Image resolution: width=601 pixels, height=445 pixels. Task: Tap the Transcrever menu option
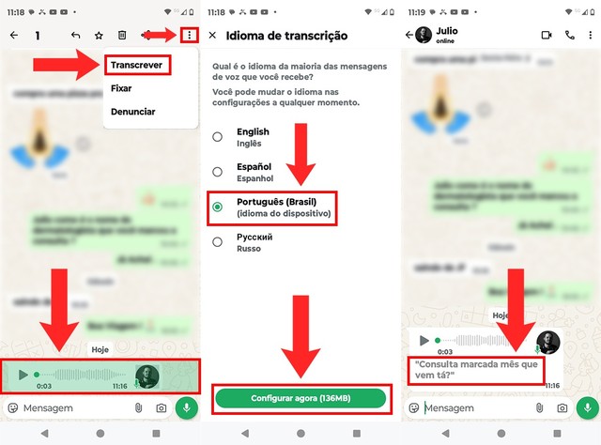pyautogui.click(x=137, y=65)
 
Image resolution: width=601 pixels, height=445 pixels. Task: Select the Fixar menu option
pyautogui.click(x=121, y=89)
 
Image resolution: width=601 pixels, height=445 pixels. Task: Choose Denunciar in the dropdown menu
pyautogui.click(x=132, y=112)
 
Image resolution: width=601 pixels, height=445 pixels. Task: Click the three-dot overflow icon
pyautogui.click(x=191, y=36)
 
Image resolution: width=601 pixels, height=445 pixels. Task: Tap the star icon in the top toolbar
pyautogui.click(x=99, y=36)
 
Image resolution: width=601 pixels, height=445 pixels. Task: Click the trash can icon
pyautogui.click(x=122, y=36)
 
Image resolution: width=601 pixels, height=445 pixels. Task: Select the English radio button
pyautogui.click(x=218, y=137)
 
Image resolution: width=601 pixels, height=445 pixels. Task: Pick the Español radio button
pyautogui.click(x=218, y=172)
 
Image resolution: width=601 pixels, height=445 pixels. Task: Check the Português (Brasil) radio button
pyautogui.click(x=218, y=207)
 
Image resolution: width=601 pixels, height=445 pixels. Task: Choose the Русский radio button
pyautogui.click(x=218, y=242)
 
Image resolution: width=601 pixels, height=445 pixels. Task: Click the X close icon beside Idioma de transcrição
pyautogui.click(x=212, y=36)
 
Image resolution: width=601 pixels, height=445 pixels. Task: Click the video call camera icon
pyautogui.click(x=547, y=36)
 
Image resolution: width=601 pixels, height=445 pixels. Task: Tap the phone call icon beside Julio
pyautogui.click(x=570, y=36)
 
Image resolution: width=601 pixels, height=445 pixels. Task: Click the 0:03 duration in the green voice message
pyautogui.click(x=43, y=386)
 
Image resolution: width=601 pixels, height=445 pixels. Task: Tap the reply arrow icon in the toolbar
pyautogui.click(x=75, y=36)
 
